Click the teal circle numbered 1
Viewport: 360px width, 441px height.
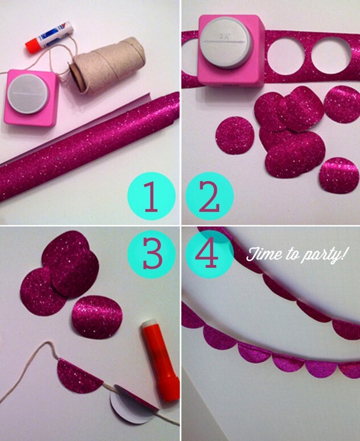point(152,197)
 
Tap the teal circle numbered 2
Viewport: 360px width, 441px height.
point(209,197)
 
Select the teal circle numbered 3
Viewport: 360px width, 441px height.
point(152,254)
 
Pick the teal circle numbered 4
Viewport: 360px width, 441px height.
point(209,254)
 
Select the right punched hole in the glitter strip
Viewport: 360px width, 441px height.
point(332,55)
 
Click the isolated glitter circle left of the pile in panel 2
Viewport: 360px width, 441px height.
point(235,136)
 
